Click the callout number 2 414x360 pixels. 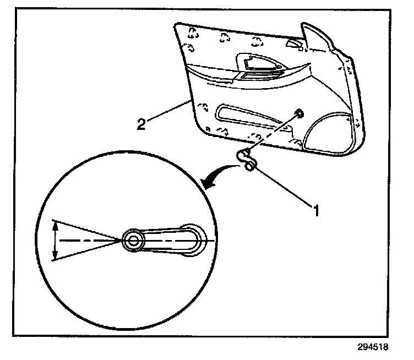click(141, 123)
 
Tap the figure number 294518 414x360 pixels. click(372, 348)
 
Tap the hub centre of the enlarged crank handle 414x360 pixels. click(132, 240)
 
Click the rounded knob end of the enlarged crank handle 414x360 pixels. click(194, 240)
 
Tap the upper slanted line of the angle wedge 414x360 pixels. click(88, 231)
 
